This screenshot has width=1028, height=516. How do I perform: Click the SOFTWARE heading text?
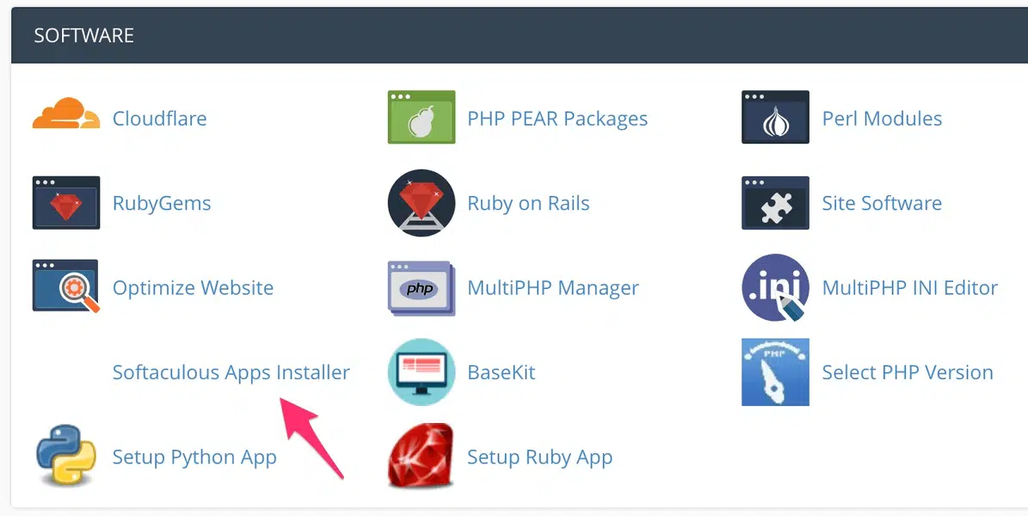click(x=83, y=36)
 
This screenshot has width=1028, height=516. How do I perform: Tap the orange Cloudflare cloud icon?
click(x=66, y=115)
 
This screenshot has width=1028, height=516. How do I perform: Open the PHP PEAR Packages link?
click(x=557, y=119)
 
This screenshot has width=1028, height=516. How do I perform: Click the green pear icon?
click(x=421, y=118)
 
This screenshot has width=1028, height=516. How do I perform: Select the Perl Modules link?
click(x=881, y=119)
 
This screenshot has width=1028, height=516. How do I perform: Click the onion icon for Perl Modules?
click(x=775, y=118)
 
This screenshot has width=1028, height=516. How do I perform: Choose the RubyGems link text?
click(x=162, y=204)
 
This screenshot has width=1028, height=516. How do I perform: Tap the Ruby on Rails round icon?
click(x=421, y=203)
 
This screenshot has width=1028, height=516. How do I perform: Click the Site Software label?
click(x=881, y=204)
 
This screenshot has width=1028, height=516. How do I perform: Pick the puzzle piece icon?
click(x=775, y=203)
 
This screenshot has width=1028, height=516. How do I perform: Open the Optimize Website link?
click(x=193, y=288)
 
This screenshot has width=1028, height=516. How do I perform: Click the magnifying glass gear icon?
click(x=66, y=287)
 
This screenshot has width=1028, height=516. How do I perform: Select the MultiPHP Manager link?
click(x=552, y=288)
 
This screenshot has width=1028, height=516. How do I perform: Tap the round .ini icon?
click(x=775, y=287)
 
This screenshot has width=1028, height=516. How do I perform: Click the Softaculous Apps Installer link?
click(x=231, y=372)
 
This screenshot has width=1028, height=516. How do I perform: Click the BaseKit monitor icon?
click(x=421, y=372)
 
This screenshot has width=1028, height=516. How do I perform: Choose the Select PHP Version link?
click(x=907, y=372)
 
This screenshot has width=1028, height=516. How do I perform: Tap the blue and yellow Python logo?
click(x=66, y=456)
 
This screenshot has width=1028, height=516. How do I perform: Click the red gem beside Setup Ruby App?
click(x=421, y=456)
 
